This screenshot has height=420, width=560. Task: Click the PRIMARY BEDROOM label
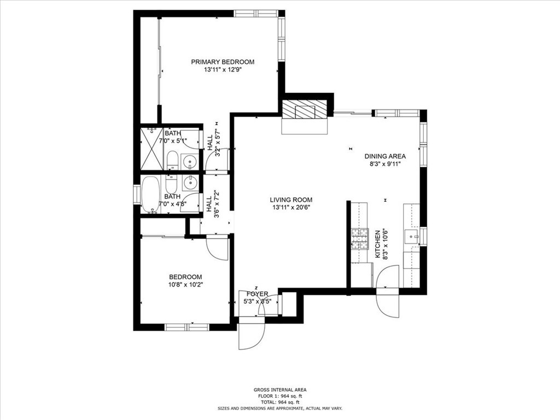coord(223,62)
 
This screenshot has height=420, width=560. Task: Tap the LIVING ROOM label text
coord(291,200)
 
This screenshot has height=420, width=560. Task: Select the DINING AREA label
coord(385,156)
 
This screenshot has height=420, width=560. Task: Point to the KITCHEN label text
coord(377,244)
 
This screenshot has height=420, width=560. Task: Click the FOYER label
coord(257,294)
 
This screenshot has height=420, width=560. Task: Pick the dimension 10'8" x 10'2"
coord(185,284)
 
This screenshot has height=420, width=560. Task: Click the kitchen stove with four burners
coord(359,238)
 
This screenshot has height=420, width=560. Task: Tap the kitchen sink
coord(411,236)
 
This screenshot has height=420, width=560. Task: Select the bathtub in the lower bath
coord(150,194)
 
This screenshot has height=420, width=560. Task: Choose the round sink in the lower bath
coord(190,182)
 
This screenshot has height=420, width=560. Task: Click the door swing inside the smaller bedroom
coord(217,249)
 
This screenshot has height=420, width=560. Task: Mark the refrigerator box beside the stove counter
coord(361,275)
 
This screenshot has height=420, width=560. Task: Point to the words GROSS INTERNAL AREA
coord(279,390)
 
